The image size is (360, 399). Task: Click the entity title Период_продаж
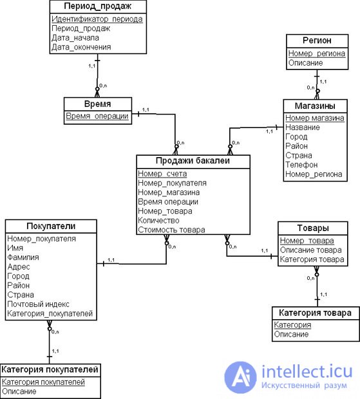click(x=97, y=6)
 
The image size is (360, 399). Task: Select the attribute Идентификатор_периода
click(x=97, y=19)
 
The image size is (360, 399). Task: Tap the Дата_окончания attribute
click(x=81, y=47)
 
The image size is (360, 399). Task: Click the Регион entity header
click(x=317, y=41)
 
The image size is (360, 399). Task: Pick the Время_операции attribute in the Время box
click(x=97, y=116)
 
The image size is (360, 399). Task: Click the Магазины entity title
click(x=315, y=106)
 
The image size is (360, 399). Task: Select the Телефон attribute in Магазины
click(x=301, y=165)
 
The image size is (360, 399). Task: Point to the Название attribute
click(x=303, y=127)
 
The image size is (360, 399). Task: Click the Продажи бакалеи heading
click(x=193, y=161)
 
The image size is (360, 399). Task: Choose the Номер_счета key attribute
click(x=162, y=174)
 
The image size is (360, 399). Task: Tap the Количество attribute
click(x=158, y=220)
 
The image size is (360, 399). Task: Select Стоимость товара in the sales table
click(x=171, y=230)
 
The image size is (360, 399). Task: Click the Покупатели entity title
click(x=51, y=227)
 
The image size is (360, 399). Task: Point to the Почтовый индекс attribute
click(x=38, y=304)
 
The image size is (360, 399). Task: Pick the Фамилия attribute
click(x=23, y=257)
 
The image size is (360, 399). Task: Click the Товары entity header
click(x=313, y=228)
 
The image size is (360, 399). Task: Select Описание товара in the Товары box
click(x=311, y=250)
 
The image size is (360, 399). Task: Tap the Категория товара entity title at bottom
click(x=315, y=313)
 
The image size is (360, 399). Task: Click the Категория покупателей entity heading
click(x=50, y=369)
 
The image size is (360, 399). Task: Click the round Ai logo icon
click(x=241, y=377)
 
